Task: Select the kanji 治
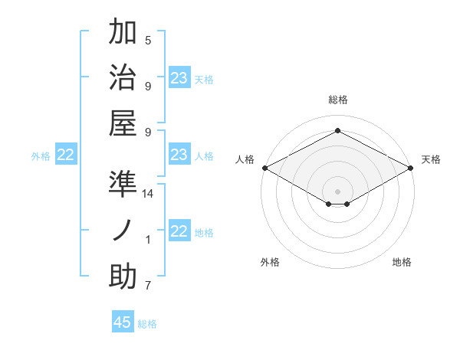click(123, 77)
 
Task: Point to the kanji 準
click(123, 185)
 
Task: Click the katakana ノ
click(123, 231)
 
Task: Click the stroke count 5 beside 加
click(148, 40)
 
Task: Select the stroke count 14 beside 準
click(148, 194)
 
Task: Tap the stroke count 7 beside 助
click(148, 286)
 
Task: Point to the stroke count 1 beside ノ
click(148, 240)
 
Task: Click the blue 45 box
click(123, 322)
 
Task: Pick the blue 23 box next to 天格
click(179, 78)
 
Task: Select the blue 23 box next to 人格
click(179, 155)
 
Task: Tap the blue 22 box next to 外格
click(66, 155)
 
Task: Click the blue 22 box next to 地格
click(179, 231)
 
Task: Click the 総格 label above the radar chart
click(337, 100)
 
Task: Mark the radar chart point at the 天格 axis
click(411, 168)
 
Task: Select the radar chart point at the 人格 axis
click(264, 168)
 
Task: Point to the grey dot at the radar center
click(337, 190)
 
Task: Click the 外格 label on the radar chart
click(270, 262)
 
